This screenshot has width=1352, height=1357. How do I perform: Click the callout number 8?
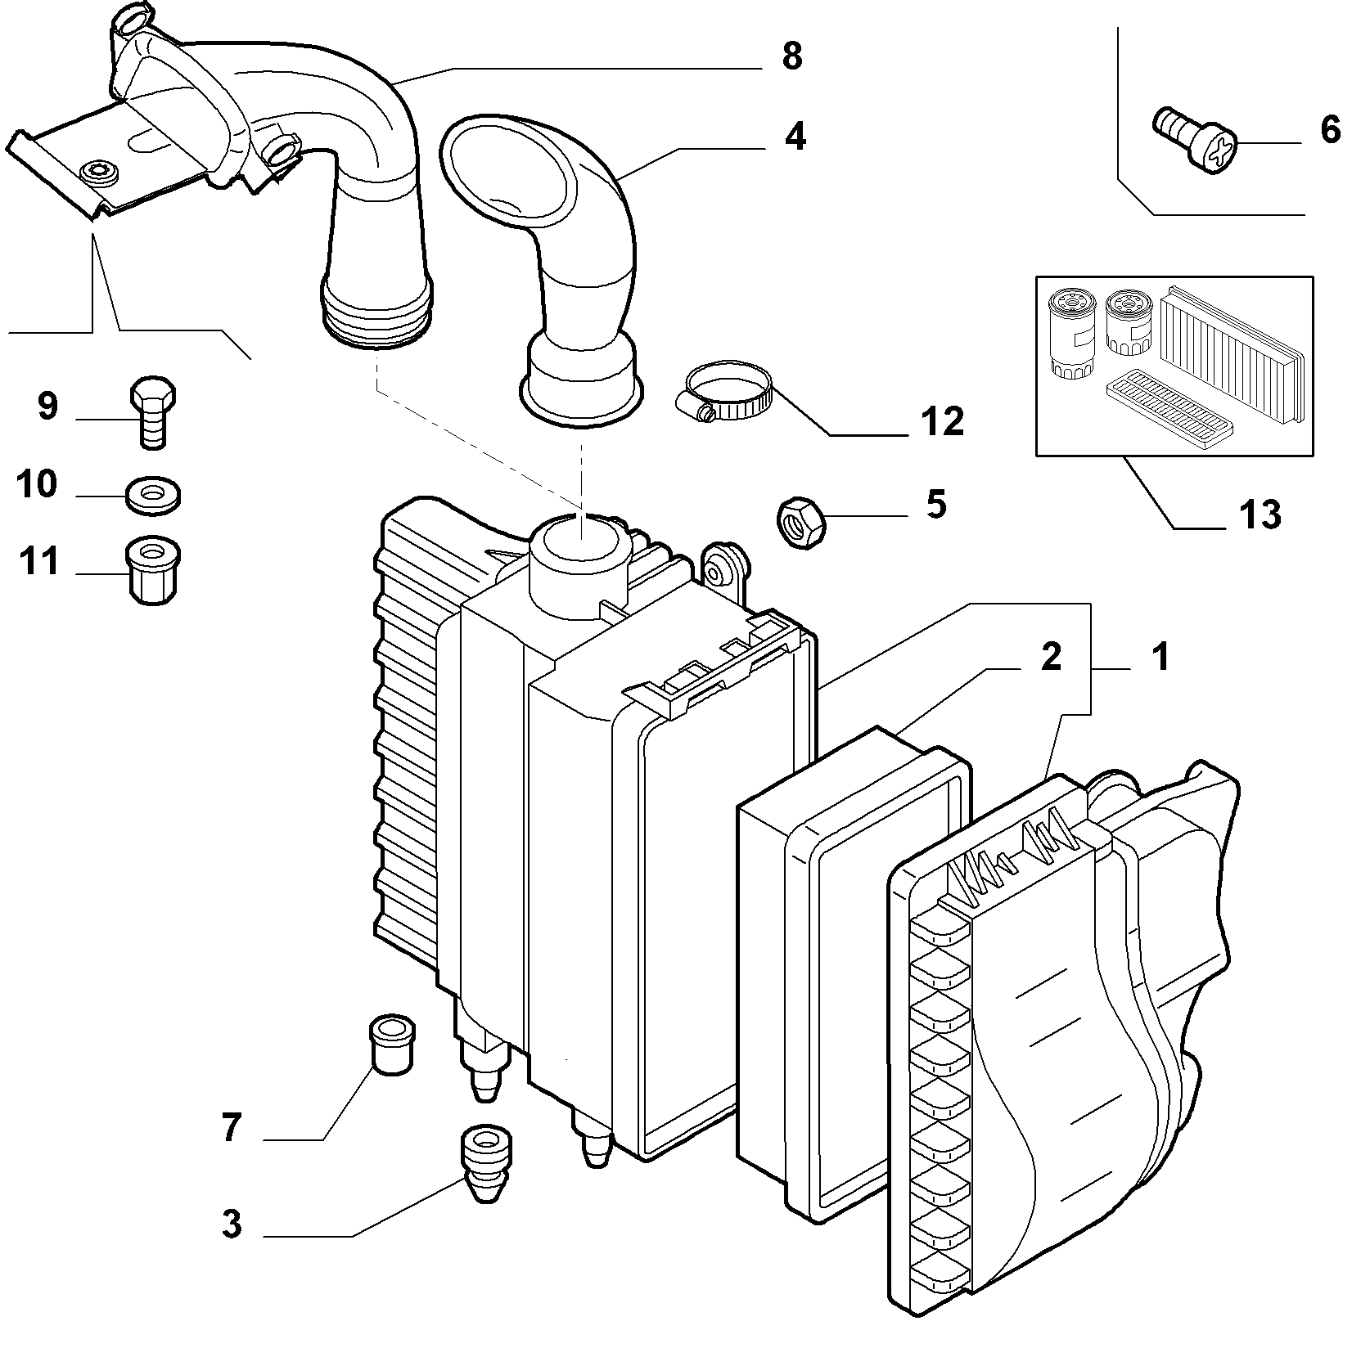click(x=791, y=57)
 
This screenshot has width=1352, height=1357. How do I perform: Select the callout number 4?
click(x=795, y=136)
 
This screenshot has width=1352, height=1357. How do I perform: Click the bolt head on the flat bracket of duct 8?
click(x=98, y=170)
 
